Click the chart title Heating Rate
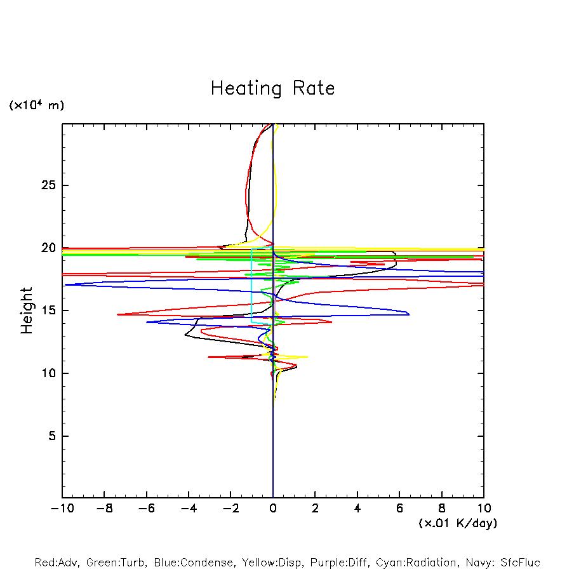272,88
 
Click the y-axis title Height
27,310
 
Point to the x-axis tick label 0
273,509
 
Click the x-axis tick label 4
357,509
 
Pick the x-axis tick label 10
483,509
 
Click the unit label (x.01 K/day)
457,523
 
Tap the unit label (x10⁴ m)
36,105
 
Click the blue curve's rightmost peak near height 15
409,314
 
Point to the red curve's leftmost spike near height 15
118,314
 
